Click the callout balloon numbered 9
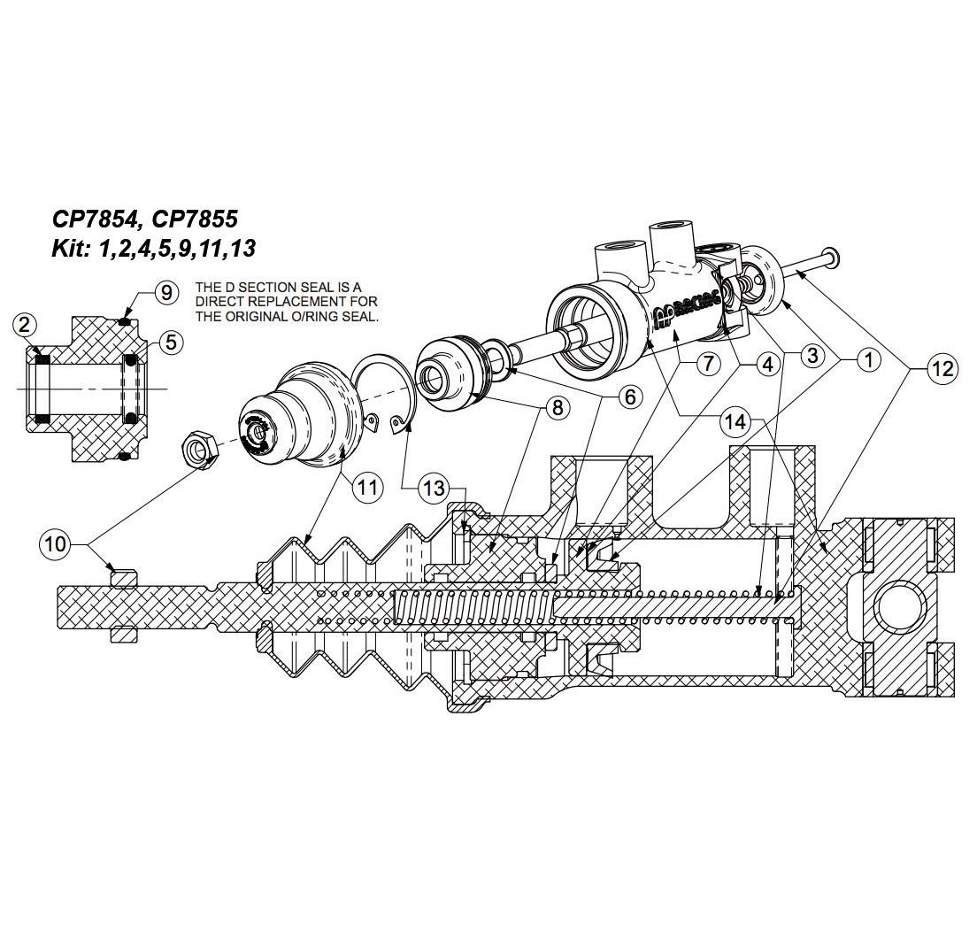pyautogui.click(x=167, y=292)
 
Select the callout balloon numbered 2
pyautogui.click(x=25, y=325)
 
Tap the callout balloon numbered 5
pyautogui.click(x=171, y=341)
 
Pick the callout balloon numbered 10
pyautogui.click(x=55, y=543)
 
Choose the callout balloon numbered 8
pyautogui.click(x=558, y=407)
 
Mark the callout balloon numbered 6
pyautogui.click(x=629, y=397)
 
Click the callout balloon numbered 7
pyautogui.click(x=708, y=363)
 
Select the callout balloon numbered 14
pyautogui.click(x=735, y=422)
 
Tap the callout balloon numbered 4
pyautogui.click(x=767, y=363)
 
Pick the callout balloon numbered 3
pyautogui.click(x=813, y=356)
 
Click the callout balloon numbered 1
pyautogui.click(x=868, y=359)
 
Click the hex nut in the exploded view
pyautogui.click(x=202, y=448)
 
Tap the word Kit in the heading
pyautogui.click(x=69, y=249)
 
